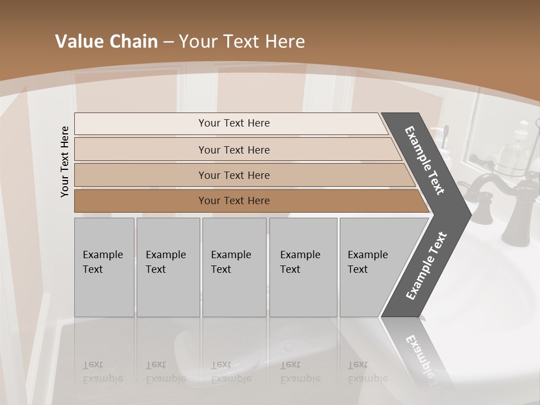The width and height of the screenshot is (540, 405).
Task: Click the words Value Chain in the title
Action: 106,42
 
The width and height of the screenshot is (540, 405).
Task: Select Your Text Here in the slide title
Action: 242,42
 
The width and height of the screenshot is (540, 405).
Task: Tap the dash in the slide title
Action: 168,42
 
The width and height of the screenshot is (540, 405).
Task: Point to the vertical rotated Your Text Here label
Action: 65,161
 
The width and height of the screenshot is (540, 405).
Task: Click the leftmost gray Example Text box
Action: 104,267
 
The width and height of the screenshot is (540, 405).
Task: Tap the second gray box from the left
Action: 168,267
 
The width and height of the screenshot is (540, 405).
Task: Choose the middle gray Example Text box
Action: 234,267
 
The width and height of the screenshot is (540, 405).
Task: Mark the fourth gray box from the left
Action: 303,267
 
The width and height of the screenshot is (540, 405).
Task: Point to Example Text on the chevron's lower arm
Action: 426,265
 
